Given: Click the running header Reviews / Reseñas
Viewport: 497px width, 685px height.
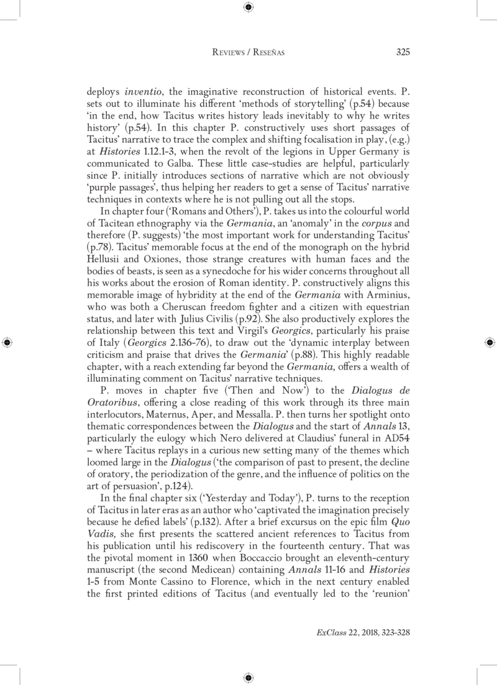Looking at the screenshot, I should (248, 52).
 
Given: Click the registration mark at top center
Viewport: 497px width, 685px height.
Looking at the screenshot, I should (248, 7).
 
